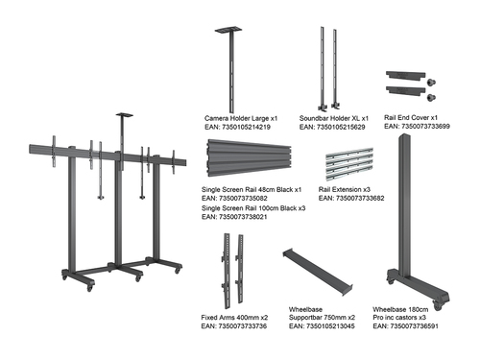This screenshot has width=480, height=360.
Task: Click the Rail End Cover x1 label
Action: point(412,117)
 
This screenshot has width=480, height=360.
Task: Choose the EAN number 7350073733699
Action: point(417,127)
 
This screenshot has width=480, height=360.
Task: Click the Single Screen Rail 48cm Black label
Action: point(252,189)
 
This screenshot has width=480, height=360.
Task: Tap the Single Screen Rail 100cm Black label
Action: point(253,207)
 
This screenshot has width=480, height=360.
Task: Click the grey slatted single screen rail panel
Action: point(252,159)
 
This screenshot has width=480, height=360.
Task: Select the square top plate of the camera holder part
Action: point(231,30)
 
